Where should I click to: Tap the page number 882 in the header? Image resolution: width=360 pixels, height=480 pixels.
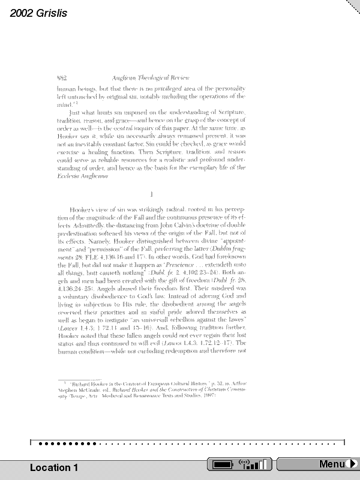point(61,78)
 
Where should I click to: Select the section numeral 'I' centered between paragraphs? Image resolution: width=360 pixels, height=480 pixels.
point(152,194)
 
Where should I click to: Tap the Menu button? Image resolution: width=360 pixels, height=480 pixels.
point(331,464)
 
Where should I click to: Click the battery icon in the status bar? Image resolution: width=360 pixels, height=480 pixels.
point(221,464)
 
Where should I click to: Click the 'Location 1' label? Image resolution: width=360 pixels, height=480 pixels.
point(54,467)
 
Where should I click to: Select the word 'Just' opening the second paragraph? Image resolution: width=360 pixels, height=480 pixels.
point(76,113)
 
